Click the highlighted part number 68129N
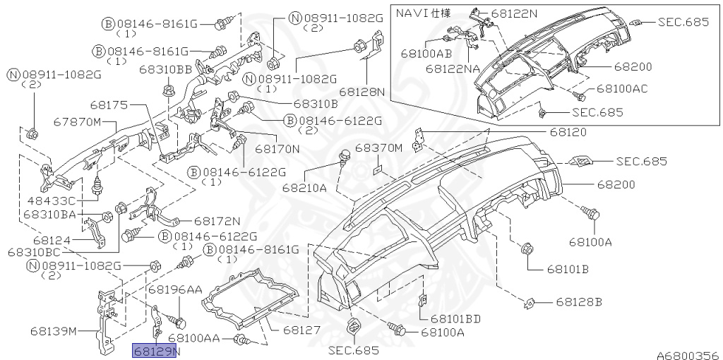click(155, 352)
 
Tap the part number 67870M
click(76, 122)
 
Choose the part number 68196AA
click(175, 289)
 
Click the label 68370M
click(378, 148)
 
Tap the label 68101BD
click(456, 318)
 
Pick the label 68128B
click(579, 302)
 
